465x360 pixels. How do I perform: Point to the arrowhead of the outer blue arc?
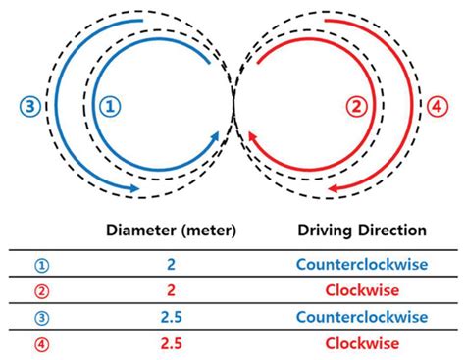[133, 186]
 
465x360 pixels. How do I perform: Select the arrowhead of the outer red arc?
[331, 186]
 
